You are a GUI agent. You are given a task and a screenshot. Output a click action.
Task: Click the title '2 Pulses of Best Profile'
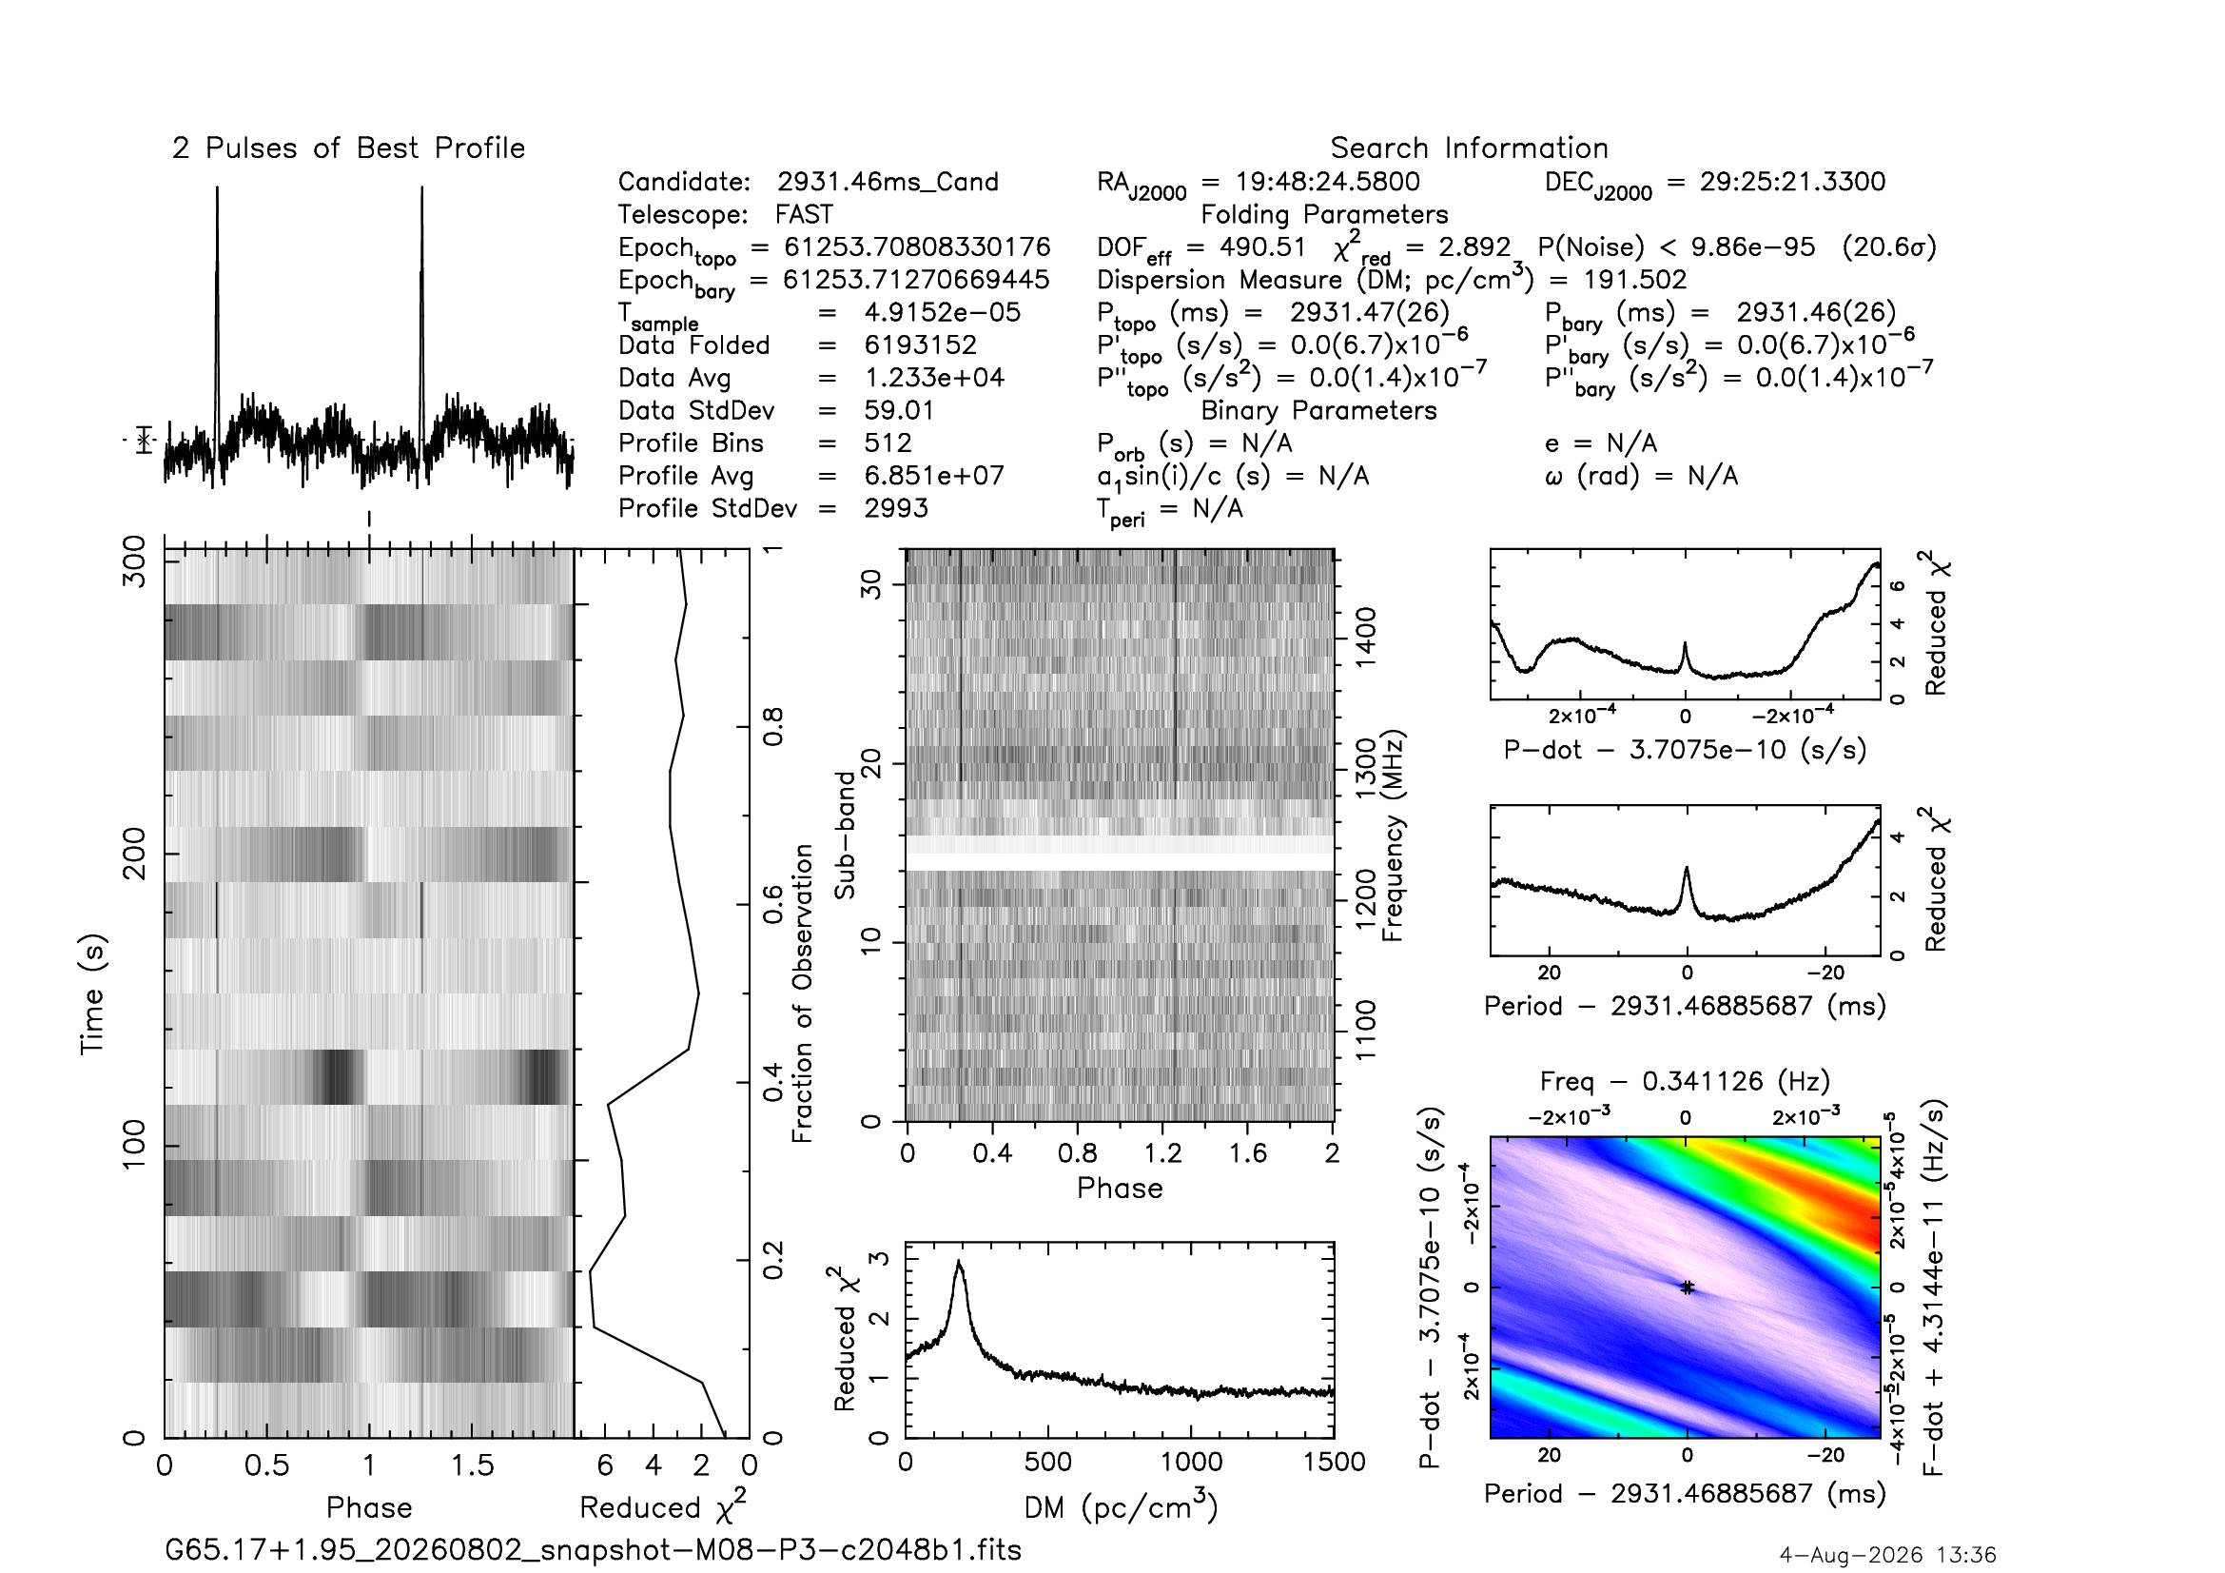(349, 148)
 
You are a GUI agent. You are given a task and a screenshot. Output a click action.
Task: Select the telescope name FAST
(804, 214)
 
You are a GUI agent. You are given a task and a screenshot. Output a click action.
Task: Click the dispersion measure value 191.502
(1635, 280)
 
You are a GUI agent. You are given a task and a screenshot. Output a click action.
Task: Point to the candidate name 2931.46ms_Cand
(888, 182)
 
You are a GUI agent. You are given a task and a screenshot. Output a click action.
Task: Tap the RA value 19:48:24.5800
(1328, 181)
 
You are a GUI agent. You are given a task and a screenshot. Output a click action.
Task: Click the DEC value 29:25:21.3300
(1793, 181)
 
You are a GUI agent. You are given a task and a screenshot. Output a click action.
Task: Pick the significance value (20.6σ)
(1889, 247)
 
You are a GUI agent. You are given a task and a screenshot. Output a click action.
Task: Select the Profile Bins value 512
(888, 442)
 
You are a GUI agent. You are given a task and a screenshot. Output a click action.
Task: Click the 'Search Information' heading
(1469, 148)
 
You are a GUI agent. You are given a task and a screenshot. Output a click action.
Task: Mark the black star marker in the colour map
(1688, 1288)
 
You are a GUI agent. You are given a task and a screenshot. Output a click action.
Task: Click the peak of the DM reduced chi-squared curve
(960, 1261)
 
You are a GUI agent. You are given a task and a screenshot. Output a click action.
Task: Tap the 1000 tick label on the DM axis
(1191, 1462)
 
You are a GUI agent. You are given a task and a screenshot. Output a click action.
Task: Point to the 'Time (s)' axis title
(92, 993)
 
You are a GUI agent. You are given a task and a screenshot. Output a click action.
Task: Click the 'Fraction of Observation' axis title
(803, 993)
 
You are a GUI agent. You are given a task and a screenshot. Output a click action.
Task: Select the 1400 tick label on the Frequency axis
(1364, 637)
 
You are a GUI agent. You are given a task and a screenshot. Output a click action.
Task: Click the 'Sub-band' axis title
(846, 836)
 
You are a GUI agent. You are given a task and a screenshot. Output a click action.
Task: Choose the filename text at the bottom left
(593, 1550)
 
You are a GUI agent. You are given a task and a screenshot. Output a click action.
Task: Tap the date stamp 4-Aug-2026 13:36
(1887, 1555)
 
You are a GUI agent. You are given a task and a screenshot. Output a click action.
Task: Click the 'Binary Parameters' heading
(1318, 411)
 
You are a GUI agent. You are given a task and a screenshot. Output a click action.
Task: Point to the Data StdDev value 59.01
(899, 411)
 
